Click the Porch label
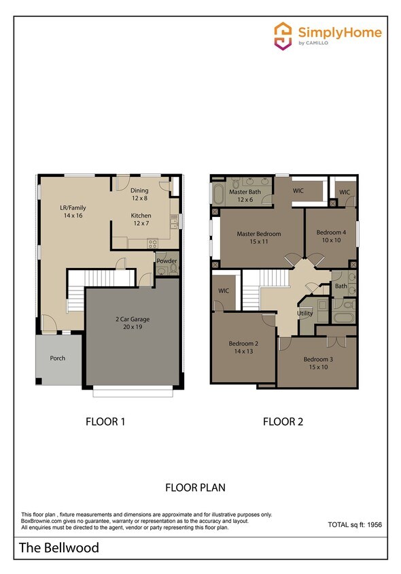58,358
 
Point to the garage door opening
133,391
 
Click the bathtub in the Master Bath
219,194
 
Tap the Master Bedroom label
258,234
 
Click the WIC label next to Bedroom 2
224,290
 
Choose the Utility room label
304,313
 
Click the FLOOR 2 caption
283,422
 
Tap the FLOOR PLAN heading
195,488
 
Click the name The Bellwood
59,547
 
